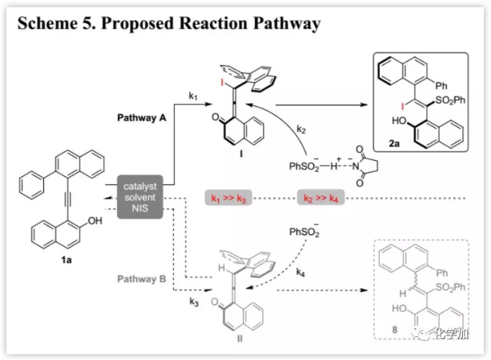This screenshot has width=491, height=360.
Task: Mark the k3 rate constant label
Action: click(194, 300)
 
